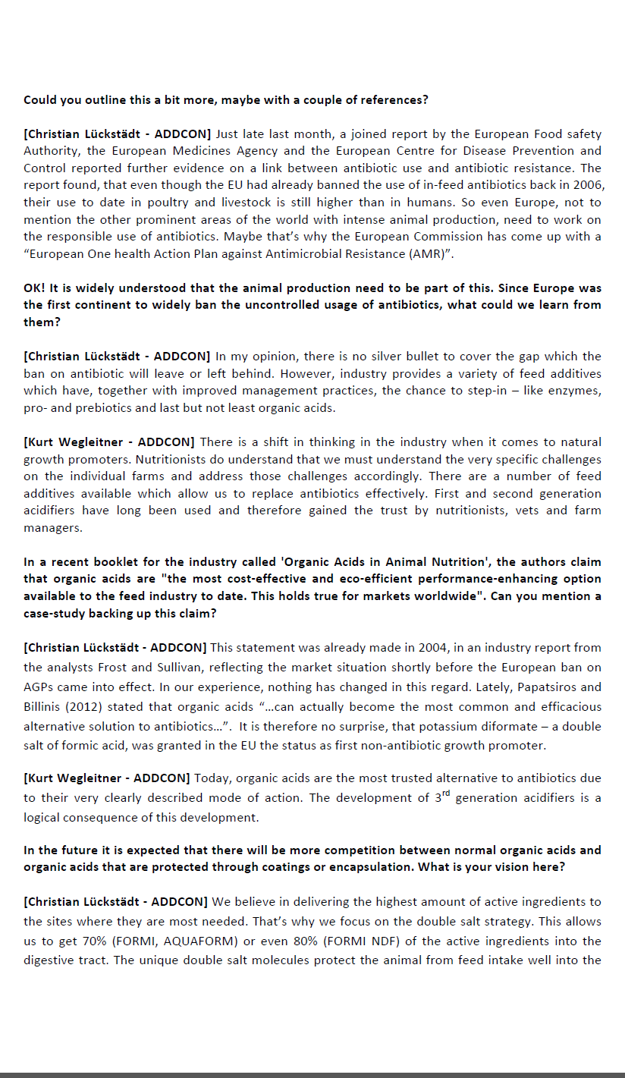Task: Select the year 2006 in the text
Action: pos(588,185)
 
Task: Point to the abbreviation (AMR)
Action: pos(432,254)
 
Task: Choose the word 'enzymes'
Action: pos(576,391)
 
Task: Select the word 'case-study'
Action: pos(54,613)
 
